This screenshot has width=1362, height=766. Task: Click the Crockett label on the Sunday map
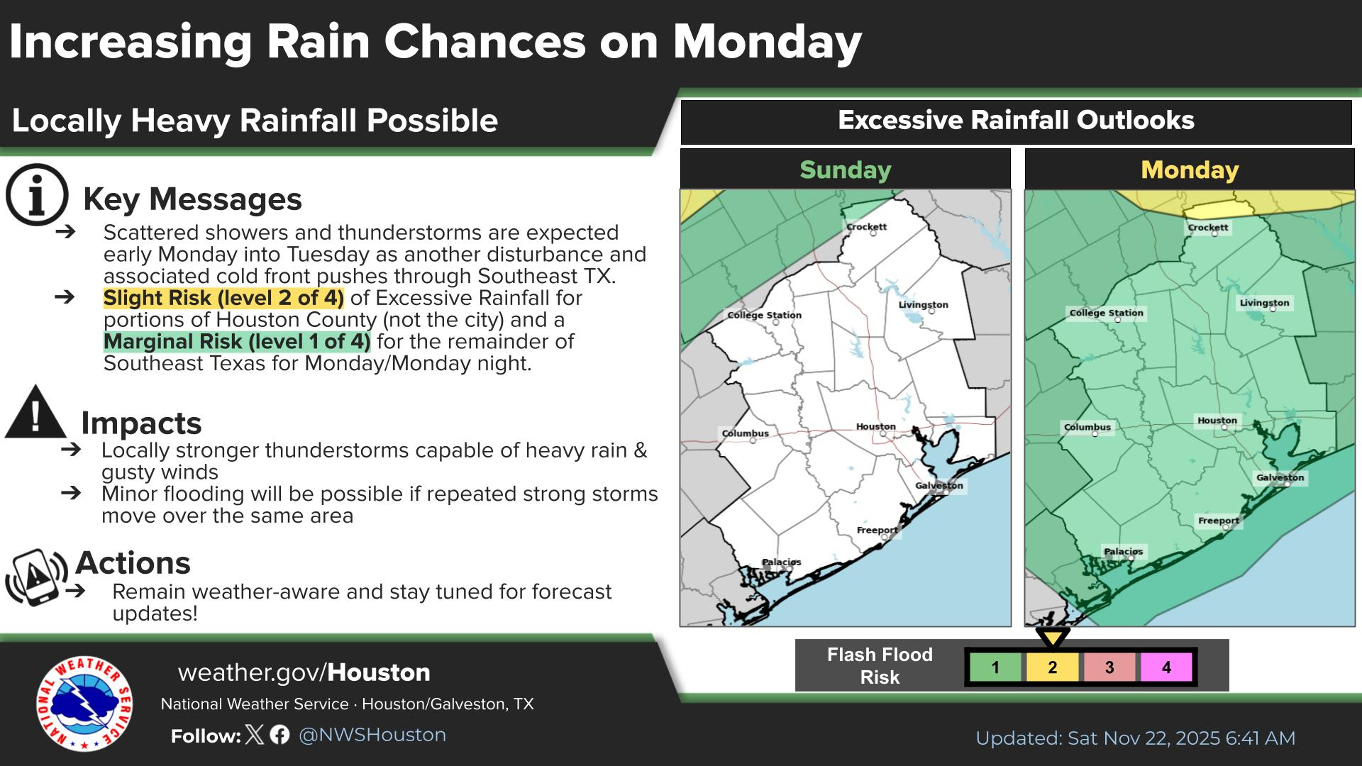866,227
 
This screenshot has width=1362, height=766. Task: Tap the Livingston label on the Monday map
1264,303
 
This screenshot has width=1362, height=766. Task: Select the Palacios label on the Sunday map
781,562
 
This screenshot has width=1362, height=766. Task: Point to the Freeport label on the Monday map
1219,521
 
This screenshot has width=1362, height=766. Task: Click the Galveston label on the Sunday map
939,486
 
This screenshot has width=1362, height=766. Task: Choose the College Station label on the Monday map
1106,313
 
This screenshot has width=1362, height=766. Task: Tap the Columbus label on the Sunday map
745,433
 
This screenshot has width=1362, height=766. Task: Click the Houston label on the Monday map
1217,421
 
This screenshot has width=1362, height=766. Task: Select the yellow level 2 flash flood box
1052,667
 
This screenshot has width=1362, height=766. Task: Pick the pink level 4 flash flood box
1166,667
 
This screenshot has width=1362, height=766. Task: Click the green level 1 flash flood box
995,667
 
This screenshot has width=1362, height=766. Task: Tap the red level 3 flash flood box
1109,667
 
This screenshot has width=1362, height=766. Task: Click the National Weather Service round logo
84,703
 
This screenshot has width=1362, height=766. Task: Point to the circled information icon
37,195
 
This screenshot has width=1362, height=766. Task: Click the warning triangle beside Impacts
35,413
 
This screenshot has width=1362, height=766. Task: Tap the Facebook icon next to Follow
279,735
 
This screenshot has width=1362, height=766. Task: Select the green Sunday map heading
845,170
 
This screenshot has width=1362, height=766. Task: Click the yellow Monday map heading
1190,170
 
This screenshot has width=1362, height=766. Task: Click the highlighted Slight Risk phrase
223,298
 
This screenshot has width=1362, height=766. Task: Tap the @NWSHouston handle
372,735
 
